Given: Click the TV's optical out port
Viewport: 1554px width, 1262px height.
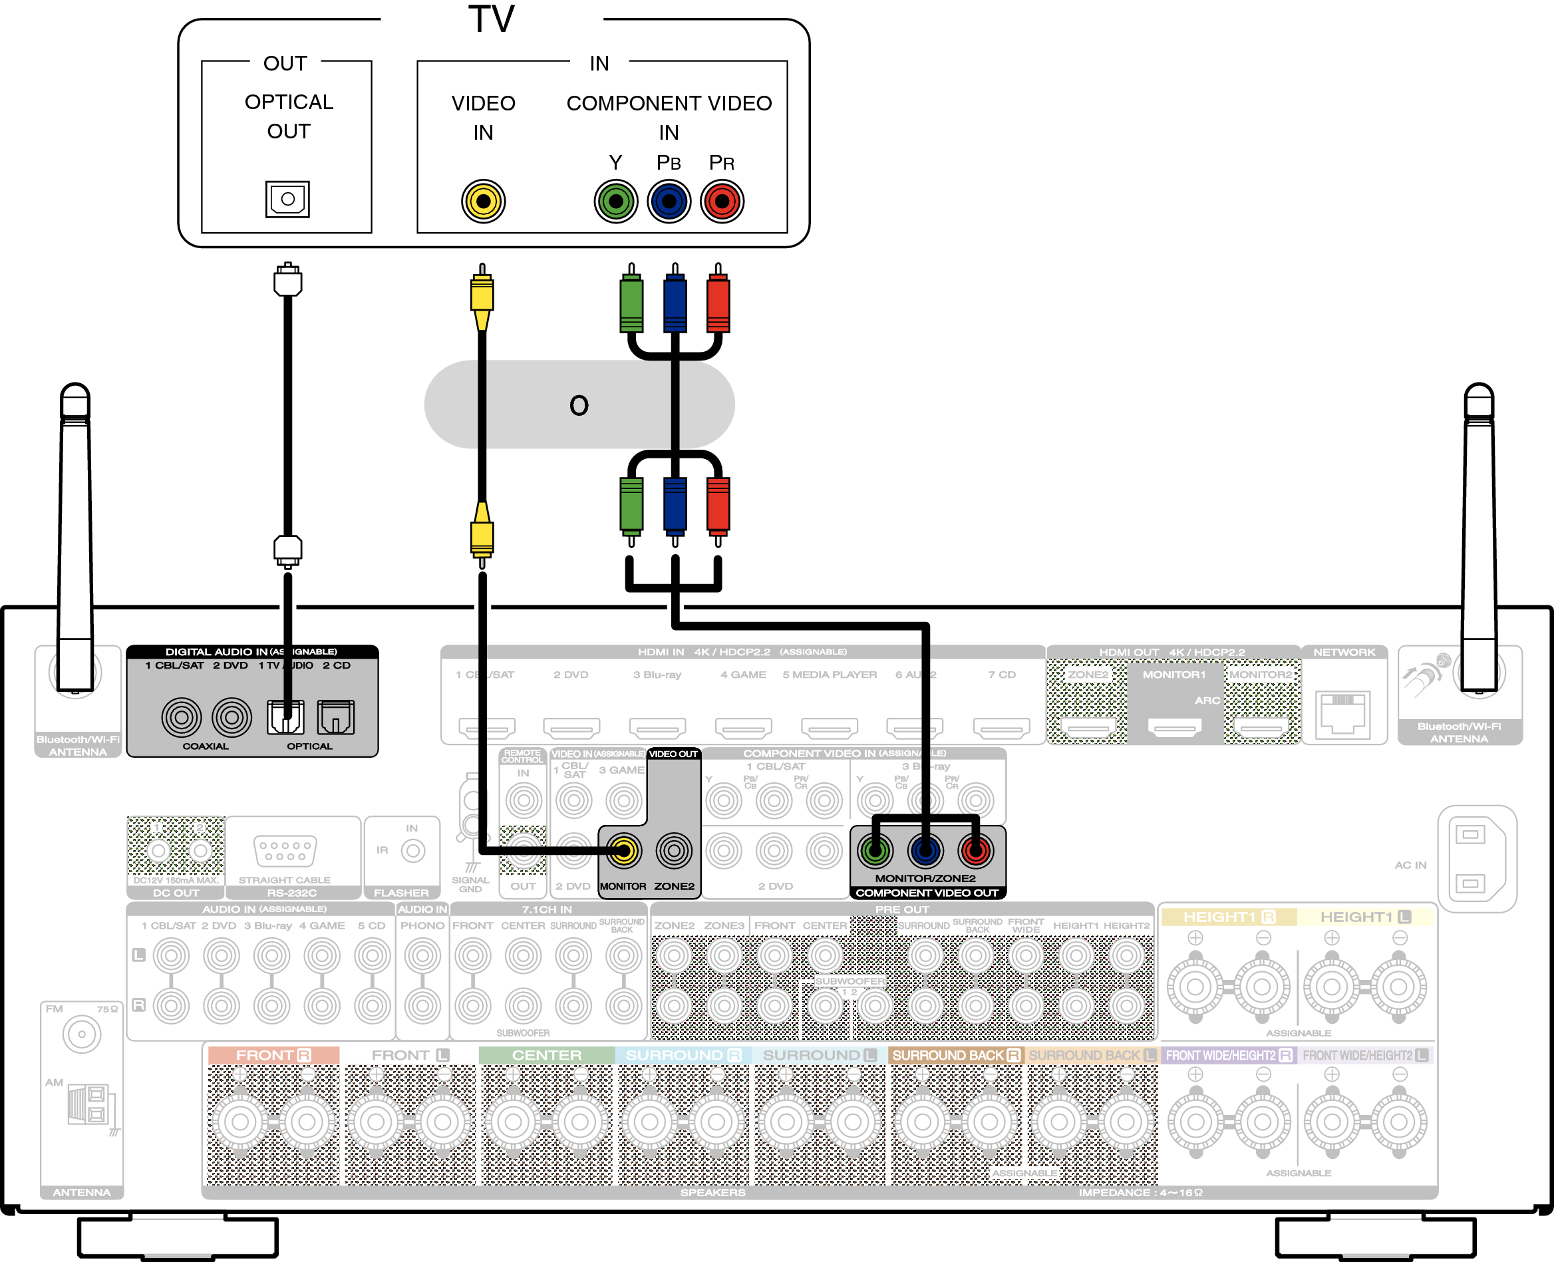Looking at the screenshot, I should coord(287,199).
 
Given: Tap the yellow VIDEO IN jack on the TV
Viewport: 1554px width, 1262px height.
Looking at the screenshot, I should coord(484,202).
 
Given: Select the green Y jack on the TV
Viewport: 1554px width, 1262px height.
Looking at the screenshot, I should coord(615,202).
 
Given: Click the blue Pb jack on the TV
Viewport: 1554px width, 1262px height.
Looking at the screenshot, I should coord(669,202).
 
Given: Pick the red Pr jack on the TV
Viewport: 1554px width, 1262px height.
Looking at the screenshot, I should coord(722,202).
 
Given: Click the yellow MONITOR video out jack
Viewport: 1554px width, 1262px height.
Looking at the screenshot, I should coord(623,851).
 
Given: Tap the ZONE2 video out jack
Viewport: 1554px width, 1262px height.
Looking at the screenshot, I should coord(674,851).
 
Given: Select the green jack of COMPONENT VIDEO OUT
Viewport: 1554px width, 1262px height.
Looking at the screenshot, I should coord(875,851).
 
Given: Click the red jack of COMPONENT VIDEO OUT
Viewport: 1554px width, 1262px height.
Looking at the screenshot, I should coord(975,851).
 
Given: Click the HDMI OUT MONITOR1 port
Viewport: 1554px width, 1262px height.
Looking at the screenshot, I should coord(1175,726).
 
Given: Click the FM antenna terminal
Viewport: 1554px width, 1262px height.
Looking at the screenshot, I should coord(81,1034).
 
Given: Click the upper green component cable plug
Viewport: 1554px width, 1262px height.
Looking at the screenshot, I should coord(631,301).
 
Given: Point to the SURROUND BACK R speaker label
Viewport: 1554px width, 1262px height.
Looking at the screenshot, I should coord(955,1055).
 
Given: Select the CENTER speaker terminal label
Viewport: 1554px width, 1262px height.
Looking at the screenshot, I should coord(547,1055).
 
